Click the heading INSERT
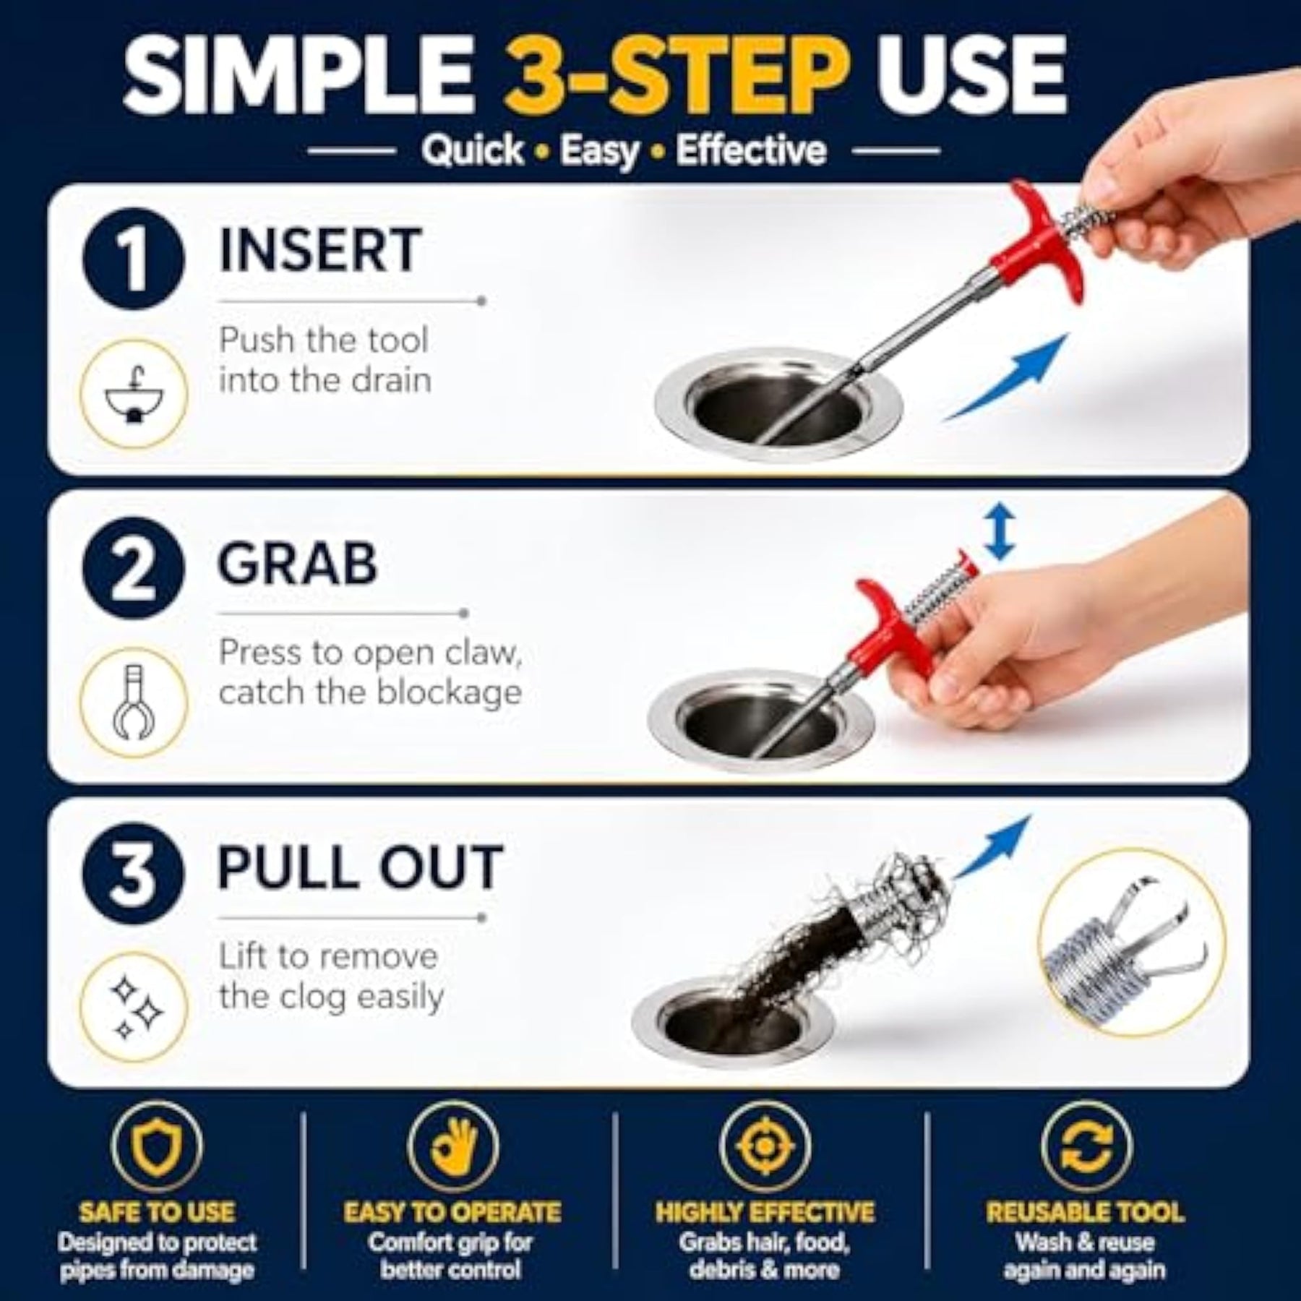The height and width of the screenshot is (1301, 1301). [x=319, y=250]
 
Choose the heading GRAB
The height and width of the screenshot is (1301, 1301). [x=298, y=563]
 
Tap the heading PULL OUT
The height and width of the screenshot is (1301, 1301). [x=360, y=867]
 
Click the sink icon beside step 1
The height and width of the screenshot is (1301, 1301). [x=134, y=395]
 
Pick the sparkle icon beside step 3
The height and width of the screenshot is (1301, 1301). [x=134, y=1007]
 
